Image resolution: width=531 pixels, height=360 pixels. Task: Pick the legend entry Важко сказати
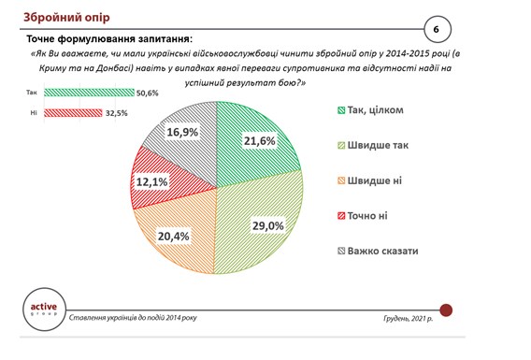tap(378, 251)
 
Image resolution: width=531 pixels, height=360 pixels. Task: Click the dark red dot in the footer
tap(446, 310)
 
